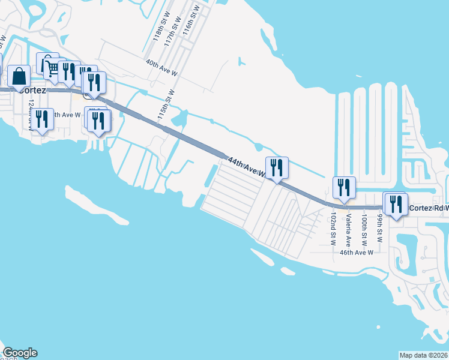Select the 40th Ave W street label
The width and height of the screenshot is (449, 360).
161,67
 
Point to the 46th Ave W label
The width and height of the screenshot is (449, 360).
357,253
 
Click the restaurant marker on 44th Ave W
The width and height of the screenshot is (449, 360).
277,167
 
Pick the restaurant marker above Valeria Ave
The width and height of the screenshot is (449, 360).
344,187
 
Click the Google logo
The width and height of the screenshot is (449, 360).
20,353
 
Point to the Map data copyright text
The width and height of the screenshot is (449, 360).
423,355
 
